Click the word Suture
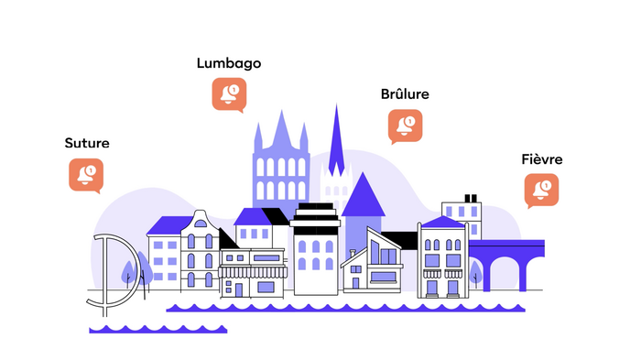pyautogui.click(x=87, y=143)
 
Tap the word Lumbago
pyautogui.click(x=229, y=63)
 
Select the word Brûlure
pyautogui.click(x=405, y=94)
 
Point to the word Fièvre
pyautogui.click(x=542, y=159)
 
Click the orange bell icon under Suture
pyautogui.click(x=86, y=176)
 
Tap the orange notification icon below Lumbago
pyautogui.click(x=229, y=95)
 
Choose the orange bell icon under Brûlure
pyautogui.click(x=405, y=126)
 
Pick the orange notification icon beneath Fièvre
pyautogui.click(x=542, y=191)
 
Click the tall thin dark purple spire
pyautogui.click(x=336, y=143)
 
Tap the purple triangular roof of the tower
pyautogui.click(x=363, y=195)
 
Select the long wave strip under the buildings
pyautogui.click(x=345, y=308)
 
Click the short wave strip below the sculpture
pyautogui.click(x=158, y=330)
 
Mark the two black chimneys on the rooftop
pyautogui.click(x=471, y=199)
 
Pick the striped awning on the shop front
pyautogui.click(x=253, y=272)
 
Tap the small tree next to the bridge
pyautogui.click(x=475, y=272)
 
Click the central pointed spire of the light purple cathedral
pyautogui.click(x=282, y=129)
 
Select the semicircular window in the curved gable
pyautogui.click(x=201, y=224)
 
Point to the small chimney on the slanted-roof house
pyautogui.click(x=353, y=253)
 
